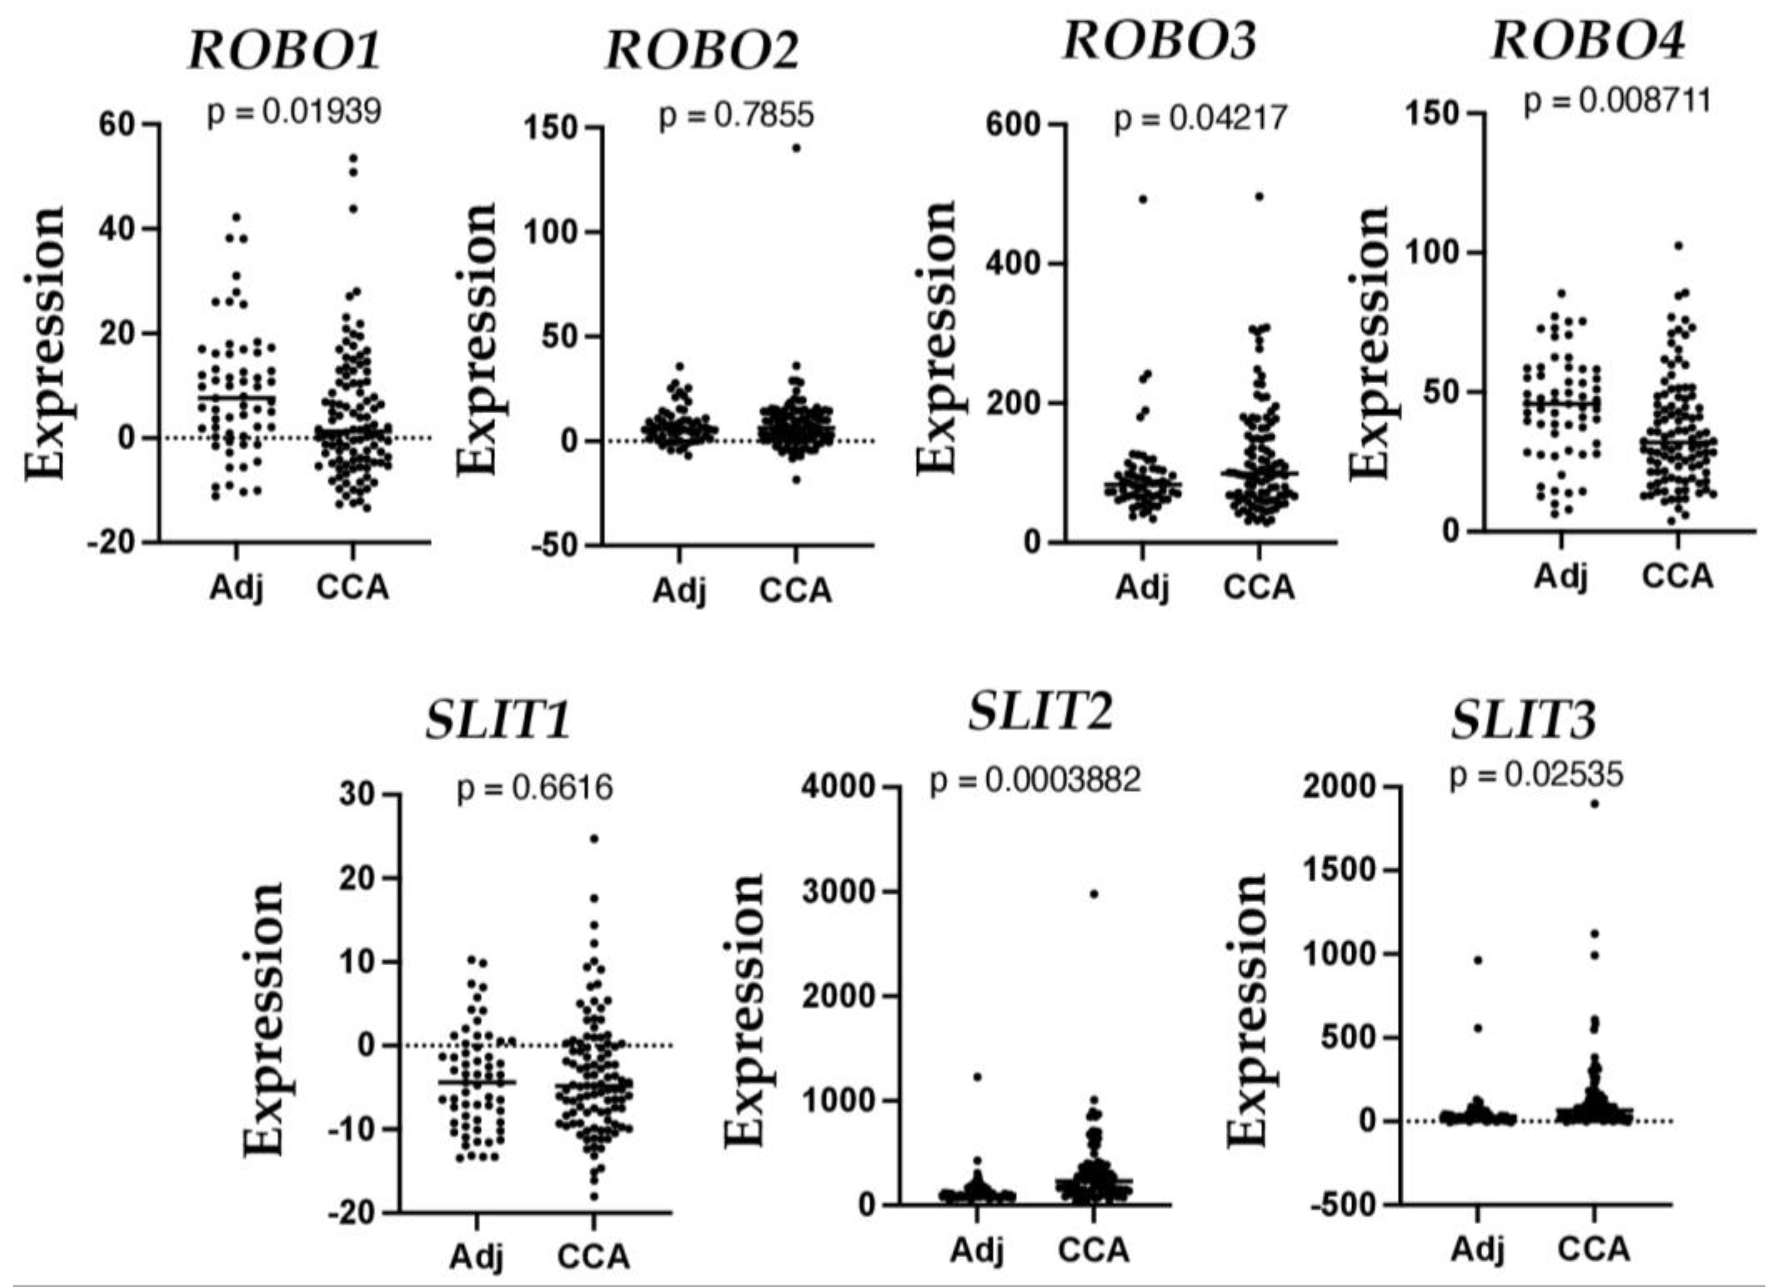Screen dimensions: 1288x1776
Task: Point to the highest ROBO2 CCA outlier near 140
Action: [797, 148]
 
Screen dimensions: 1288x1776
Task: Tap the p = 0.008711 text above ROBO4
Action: [1617, 101]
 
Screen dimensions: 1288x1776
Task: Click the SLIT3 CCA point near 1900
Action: [1594, 803]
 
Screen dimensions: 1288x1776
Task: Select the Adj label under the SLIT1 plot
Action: [476, 1257]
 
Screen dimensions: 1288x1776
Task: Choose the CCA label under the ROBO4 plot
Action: [1677, 577]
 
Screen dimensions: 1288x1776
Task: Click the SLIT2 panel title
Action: [1040, 713]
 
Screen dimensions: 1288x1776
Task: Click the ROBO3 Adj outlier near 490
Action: [1143, 199]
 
